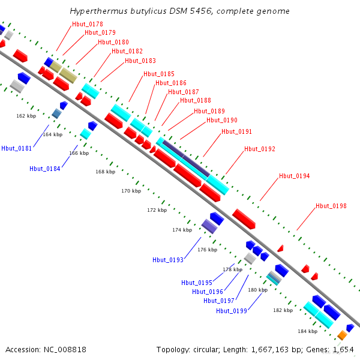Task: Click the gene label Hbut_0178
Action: click(88, 24)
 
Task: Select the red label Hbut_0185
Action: click(159, 74)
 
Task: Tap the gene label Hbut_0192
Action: click(260, 149)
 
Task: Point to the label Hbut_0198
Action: click(331, 206)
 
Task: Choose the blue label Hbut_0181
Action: click(17, 149)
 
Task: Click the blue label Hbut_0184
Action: click(45, 169)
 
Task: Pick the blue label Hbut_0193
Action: click(168, 260)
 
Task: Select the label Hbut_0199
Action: click(232, 311)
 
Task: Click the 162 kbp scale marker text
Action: click(26, 116)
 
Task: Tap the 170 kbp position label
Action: click(131, 191)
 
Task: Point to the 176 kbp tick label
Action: click(208, 250)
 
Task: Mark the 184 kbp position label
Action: click(307, 331)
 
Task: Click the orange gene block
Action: click(342, 335)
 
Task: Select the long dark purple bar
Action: click(186, 158)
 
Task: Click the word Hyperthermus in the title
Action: click(99, 11)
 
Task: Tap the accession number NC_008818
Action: click(65, 350)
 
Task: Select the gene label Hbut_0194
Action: click(295, 176)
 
